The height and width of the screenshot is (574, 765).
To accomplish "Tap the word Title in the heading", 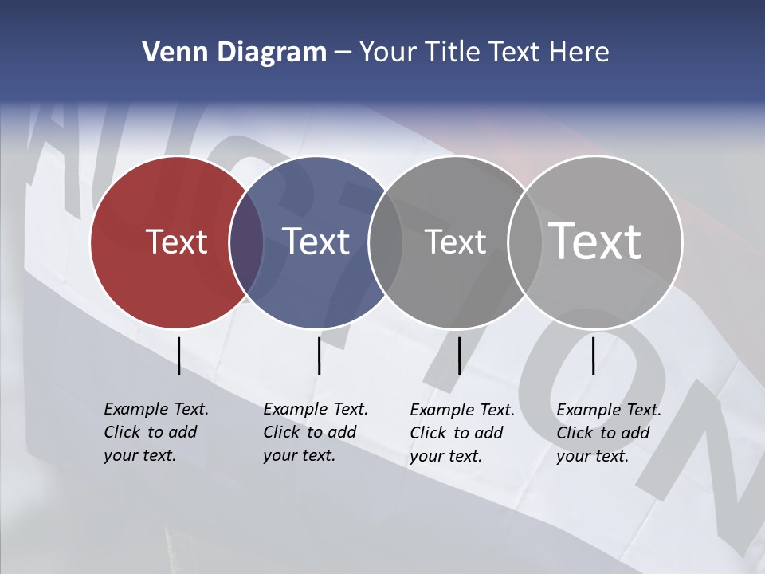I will pyautogui.click(x=452, y=53).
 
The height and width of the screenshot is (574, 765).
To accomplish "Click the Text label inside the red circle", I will pyautogui.click(x=176, y=242).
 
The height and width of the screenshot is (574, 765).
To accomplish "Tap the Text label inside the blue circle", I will pyautogui.click(x=316, y=242).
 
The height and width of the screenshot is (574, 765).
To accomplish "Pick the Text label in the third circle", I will pyautogui.click(x=455, y=242).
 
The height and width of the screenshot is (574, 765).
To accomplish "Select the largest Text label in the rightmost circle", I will pyautogui.click(x=595, y=242).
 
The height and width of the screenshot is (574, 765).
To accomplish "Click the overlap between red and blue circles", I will pyautogui.click(x=246, y=242).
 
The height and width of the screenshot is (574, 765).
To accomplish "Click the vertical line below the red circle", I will pyautogui.click(x=178, y=356).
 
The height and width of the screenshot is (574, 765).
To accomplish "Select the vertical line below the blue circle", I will pyautogui.click(x=319, y=356).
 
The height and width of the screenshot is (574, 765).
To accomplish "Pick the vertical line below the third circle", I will pyautogui.click(x=459, y=356).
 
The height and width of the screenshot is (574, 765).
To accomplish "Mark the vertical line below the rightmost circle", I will pyautogui.click(x=593, y=356).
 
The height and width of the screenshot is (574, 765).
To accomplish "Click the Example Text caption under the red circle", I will pyautogui.click(x=156, y=409).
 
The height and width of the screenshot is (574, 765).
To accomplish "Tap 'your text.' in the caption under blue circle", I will pyautogui.click(x=299, y=456).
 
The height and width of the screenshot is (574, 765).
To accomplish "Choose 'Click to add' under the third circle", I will pyautogui.click(x=457, y=433).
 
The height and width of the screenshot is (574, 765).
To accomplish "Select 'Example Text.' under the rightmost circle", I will pyautogui.click(x=609, y=410).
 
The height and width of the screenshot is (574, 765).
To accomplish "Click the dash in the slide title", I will pyautogui.click(x=343, y=53).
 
